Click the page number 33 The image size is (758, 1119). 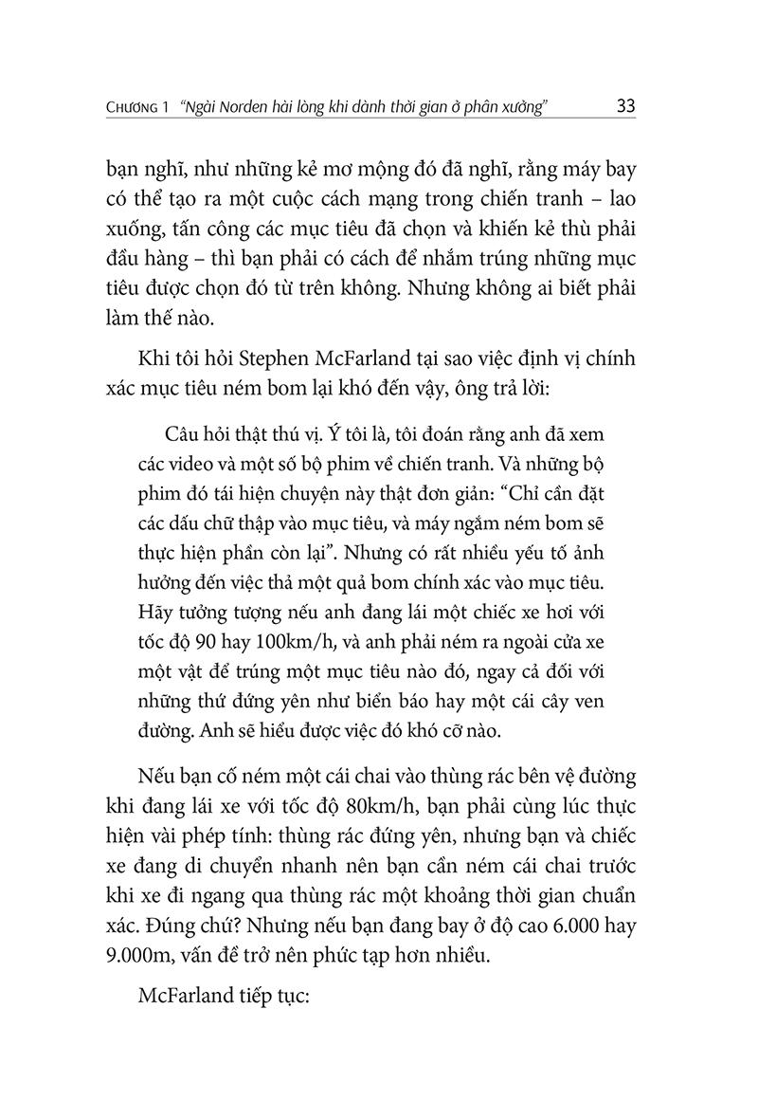625,105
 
